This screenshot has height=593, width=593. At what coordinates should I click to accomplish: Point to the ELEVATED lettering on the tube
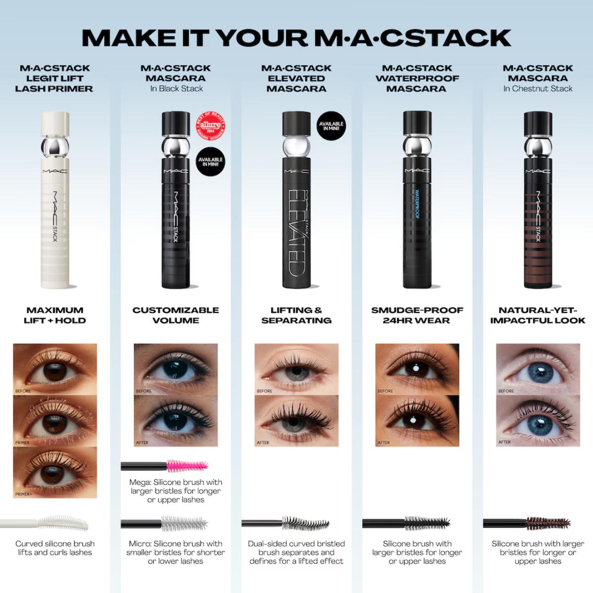[296, 232]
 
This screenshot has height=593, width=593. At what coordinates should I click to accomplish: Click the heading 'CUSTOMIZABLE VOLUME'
[175, 315]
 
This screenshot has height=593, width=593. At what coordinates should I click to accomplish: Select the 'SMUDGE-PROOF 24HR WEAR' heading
[417, 315]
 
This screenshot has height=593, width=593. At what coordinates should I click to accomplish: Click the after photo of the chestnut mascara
[538, 421]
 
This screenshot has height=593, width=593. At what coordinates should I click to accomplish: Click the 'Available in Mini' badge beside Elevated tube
[331, 126]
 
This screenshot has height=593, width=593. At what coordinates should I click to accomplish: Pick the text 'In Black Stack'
[176, 89]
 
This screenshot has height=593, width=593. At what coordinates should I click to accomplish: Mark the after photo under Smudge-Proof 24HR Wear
[417, 421]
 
